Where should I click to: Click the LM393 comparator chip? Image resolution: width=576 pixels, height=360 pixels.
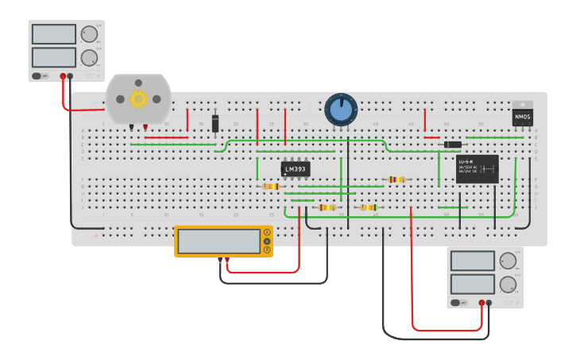pos(296,168)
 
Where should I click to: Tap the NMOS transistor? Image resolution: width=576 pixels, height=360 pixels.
pos(522,117)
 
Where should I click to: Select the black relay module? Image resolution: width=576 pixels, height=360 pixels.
pos(477,168)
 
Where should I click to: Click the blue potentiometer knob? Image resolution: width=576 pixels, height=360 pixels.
pos(341,110)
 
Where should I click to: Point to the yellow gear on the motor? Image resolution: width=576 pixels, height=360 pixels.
pos(138,99)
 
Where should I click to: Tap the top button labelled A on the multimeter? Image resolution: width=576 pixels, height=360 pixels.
pos(267,232)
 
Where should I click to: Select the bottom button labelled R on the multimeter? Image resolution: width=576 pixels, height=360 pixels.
pos(267,250)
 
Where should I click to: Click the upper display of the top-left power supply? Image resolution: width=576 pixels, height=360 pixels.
pos(54,34)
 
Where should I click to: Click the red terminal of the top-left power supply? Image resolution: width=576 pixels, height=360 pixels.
pos(63,76)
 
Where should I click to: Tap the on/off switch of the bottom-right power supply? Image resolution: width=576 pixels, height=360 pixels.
pos(456,303)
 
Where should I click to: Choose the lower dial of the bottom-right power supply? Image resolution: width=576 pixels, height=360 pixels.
pos(507,284)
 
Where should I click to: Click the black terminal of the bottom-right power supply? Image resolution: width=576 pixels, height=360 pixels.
pos(489,303)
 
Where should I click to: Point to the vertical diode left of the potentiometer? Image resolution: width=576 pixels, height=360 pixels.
pos(215,123)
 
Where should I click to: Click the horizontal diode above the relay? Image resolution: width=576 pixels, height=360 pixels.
pos(452,145)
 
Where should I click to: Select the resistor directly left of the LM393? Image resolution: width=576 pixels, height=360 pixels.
pos(270,187)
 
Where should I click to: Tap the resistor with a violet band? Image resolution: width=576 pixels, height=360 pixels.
pos(396,180)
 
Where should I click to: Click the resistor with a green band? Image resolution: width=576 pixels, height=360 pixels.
pos(369,207)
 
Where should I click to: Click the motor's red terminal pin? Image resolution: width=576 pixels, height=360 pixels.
pos(145,126)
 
